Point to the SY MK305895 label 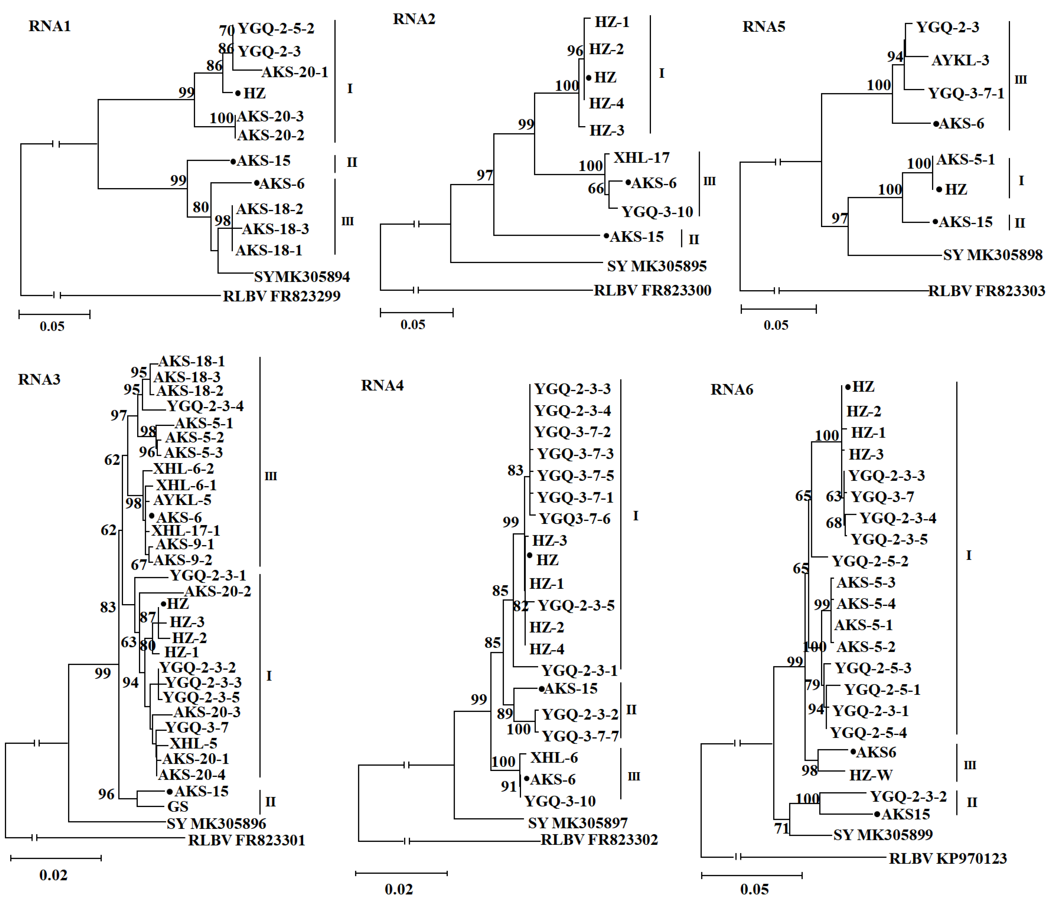point(656,266)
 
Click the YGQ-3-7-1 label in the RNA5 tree point(966,93)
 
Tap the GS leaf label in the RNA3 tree point(178,806)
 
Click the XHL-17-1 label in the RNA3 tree point(186,531)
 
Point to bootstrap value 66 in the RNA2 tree point(595,189)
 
